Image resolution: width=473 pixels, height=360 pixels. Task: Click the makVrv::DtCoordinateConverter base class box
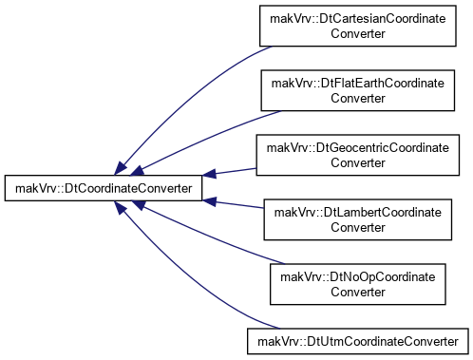coord(104,188)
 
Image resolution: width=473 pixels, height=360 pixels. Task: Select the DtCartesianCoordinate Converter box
coord(358,26)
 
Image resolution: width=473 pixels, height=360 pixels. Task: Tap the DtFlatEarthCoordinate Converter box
coord(358,90)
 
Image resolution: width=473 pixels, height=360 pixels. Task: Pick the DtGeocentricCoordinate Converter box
coord(358,155)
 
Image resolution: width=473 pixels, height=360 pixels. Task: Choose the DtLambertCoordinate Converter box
coord(358,219)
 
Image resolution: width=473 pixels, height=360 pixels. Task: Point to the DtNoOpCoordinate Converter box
coord(358,284)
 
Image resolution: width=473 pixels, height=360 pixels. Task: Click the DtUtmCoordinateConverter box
coord(358,341)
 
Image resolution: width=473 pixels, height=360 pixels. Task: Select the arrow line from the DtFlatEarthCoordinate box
coord(202,140)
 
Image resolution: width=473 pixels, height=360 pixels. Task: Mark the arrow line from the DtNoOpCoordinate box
coord(206,236)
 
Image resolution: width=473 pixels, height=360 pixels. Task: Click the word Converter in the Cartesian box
coord(358,33)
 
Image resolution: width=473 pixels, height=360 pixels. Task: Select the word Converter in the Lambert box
coord(358,227)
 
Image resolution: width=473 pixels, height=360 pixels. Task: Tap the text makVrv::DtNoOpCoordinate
coord(358,277)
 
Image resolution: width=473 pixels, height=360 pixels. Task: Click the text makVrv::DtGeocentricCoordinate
coord(358,148)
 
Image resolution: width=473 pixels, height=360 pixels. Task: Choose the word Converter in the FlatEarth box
coord(358,98)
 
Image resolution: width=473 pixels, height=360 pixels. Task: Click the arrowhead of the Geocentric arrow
coord(209,174)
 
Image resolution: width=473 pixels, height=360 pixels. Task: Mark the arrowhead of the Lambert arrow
coord(209,201)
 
